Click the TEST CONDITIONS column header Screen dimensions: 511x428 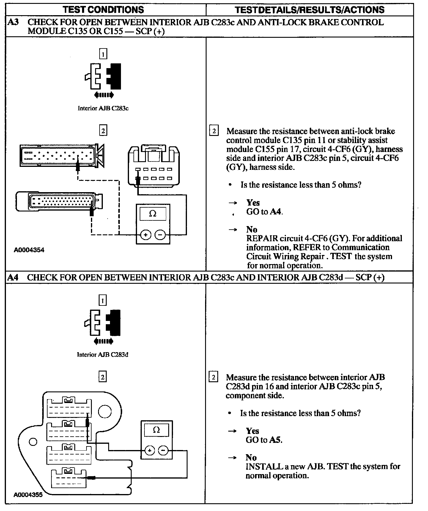[103, 10]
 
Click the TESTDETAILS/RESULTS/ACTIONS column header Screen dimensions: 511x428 [309, 10]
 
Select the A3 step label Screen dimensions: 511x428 [13, 22]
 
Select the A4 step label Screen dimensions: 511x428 [13, 277]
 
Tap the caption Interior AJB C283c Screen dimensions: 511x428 [103, 108]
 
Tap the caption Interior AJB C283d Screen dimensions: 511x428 [103, 355]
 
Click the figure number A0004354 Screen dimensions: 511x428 [29, 250]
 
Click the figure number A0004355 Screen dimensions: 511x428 [28, 495]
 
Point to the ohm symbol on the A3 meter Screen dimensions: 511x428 [152, 214]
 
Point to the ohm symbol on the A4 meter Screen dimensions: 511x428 [156, 430]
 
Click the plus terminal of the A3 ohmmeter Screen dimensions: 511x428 [146, 235]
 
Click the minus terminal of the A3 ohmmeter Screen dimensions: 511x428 [160, 235]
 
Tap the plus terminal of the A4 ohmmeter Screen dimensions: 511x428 [150, 451]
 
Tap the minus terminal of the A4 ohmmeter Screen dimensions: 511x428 [163, 451]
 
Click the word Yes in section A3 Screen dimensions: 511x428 [253, 203]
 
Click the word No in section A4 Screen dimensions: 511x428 [251, 457]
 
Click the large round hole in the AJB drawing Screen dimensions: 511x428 [104, 412]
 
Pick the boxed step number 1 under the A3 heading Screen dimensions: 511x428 [103, 54]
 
